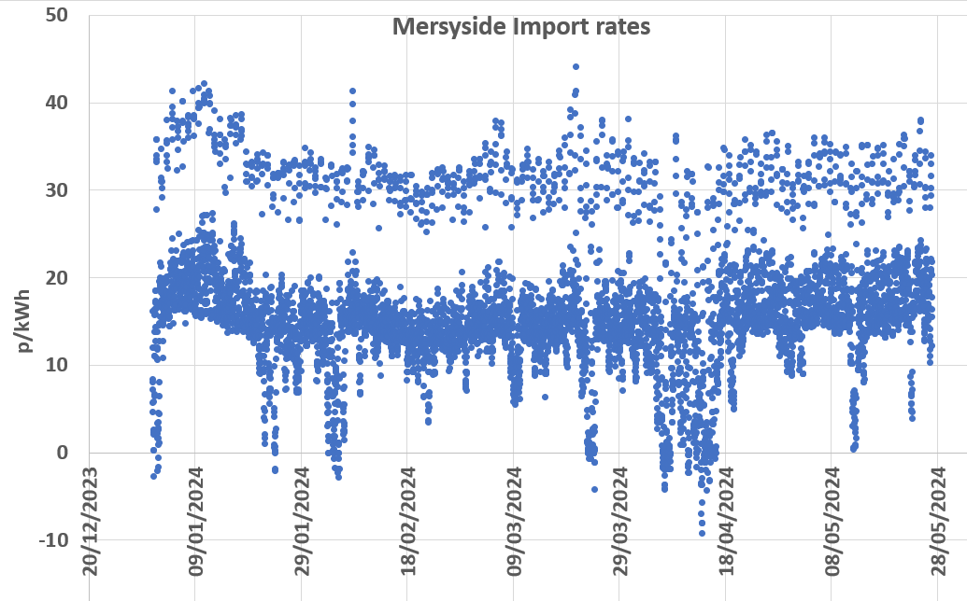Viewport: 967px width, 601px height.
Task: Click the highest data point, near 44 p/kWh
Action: [576, 67]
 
